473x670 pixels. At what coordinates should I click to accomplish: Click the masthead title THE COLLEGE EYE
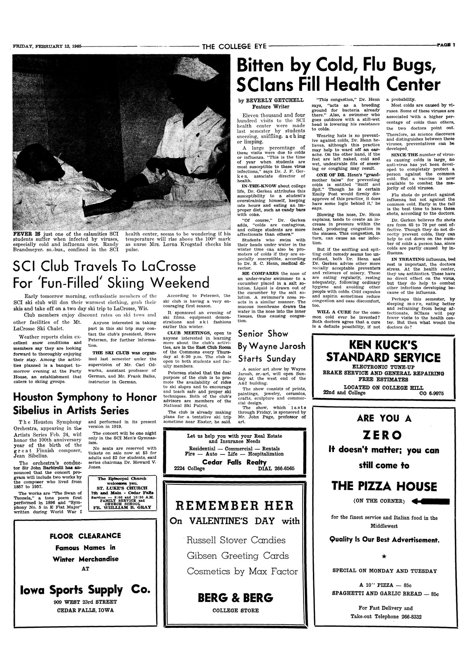point(235,47)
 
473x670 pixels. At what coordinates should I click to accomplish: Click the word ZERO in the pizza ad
point(382,435)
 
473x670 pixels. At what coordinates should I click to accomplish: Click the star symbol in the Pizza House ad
point(384,556)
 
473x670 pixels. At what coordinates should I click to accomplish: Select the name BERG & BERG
point(235,597)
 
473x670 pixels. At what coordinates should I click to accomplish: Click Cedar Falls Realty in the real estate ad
point(235,462)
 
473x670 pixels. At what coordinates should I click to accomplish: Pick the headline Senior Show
point(263,334)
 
